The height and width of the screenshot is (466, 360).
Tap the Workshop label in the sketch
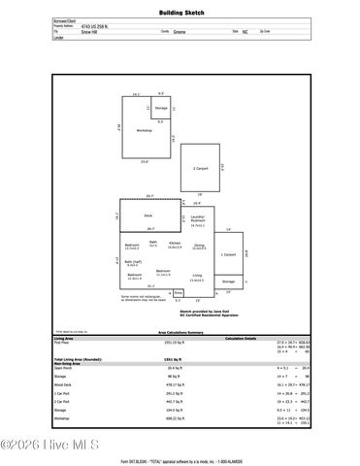pyautogui.click(x=145, y=129)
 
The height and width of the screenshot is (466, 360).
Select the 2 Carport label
pyautogui.click(x=199, y=168)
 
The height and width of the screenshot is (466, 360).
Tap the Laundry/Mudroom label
pyautogui.click(x=198, y=219)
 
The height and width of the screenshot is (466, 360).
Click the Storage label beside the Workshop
pyautogui.click(x=161, y=107)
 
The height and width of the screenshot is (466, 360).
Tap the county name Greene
pyautogui.click(x=180, y=31)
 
